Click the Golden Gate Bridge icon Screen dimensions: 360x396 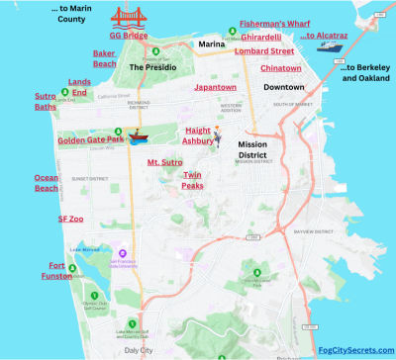click(x=128, y=17)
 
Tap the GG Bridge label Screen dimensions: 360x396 click(x=129, y=35)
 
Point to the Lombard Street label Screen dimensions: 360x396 click(x=264, y=50)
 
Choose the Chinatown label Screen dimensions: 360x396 click(x=281, y=68)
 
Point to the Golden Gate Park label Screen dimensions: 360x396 click(x=90, y=140)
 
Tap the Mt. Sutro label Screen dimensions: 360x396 click(x=164, y=160)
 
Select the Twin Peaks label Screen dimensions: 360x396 click(x=192, y=180)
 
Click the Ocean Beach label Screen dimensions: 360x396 click(x=47, y=183)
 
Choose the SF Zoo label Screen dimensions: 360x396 click(x=69, y=219)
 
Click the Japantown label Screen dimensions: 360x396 click(x=215, y=88)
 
